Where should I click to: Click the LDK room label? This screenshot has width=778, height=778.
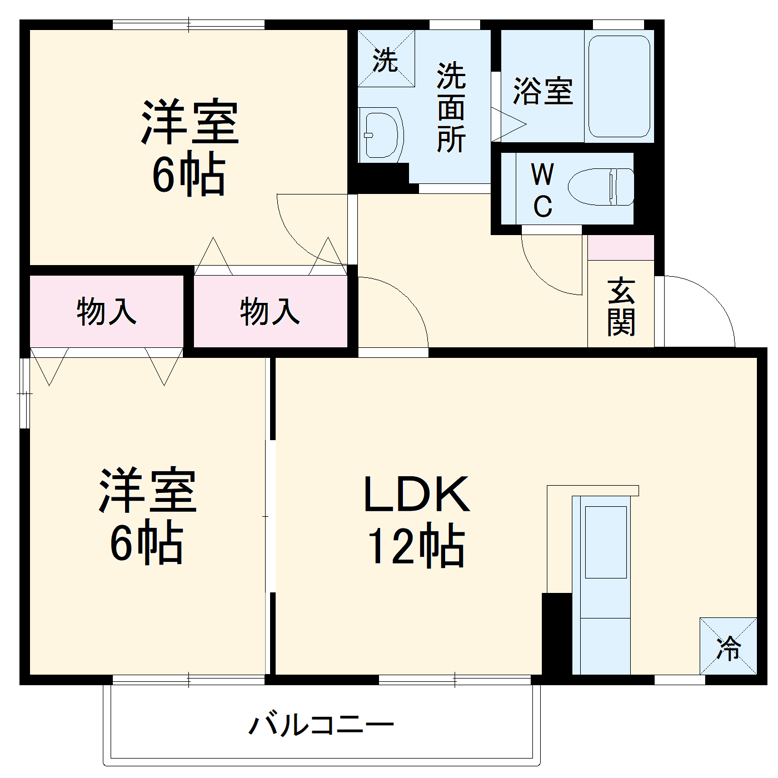tap(416, 495)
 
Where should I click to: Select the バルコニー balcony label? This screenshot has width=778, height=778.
tap(321, 725)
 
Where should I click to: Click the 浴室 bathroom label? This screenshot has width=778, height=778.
tap(542, 91)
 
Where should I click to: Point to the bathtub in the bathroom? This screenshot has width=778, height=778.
tap(619, 86)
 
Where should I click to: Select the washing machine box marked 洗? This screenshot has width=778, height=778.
tap(386, 59)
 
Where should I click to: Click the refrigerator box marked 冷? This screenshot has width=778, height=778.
tap(728, 646)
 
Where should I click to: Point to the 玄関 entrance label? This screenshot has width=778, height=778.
tap(621, 307)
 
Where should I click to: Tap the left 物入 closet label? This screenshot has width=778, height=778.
tap(106, 311)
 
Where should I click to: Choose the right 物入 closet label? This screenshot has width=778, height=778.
tap(270, 311)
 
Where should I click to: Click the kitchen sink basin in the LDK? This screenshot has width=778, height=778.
tap(606, 542)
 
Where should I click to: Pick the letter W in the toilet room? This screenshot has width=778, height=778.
tap(542, 174)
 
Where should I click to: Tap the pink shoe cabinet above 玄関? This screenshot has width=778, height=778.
tap(621, 248)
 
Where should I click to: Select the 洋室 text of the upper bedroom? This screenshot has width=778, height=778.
tap(190, 122)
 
